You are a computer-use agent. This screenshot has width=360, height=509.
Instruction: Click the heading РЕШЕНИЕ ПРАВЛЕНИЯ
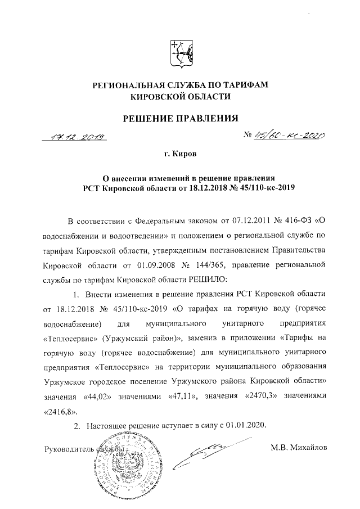pyautogui.click(x=180, y=118)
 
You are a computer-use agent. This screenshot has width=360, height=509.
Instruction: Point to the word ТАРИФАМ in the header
pyautogui.click(x=246, y=85)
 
